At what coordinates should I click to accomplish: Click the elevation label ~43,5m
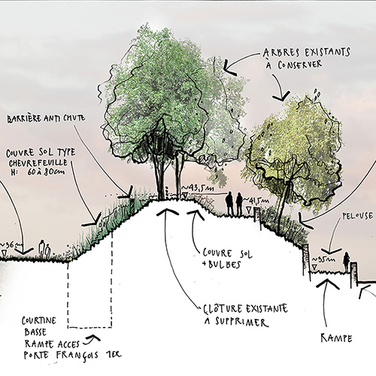(x=201, y=187)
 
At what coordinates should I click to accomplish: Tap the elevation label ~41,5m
(x=261, y=200)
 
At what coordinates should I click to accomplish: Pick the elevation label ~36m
(x=11, y=245)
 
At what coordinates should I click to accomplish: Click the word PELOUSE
(x=355, y=223)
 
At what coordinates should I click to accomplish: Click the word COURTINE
(x=39, y=320)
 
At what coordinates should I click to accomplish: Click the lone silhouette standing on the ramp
(x=347, y=263)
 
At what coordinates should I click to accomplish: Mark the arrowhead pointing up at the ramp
(x=329, y=284)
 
